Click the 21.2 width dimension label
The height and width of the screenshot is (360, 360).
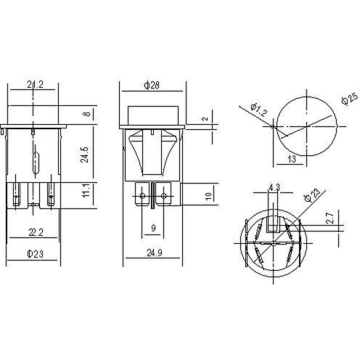click(x=36, y=85)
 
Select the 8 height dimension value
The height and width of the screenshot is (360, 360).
click(x=88, y=114)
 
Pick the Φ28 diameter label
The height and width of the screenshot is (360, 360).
click(x=152, y=85)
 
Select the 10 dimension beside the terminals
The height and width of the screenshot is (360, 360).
click(x=208, y=195)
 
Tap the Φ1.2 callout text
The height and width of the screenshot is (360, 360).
click(x=258, y=112)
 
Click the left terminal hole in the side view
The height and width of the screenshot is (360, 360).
click(x=141, y=195)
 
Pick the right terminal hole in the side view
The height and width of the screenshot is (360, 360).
click(x=163, y=195)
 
